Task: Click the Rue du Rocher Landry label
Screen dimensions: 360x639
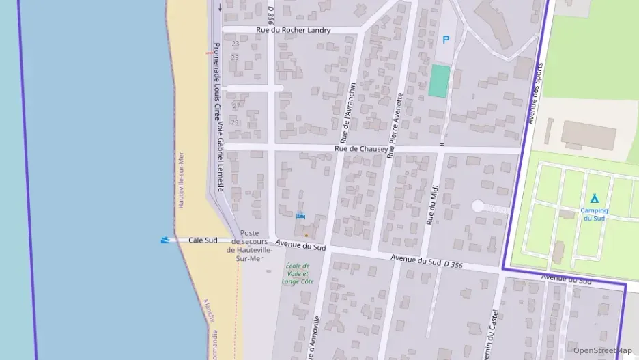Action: click(293, 30)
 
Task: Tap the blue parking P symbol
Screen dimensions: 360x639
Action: click(446, 40)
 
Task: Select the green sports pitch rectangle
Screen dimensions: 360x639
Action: click(440, 81)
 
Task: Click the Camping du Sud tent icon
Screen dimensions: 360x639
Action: click(594, 198)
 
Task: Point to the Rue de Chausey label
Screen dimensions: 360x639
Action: click(361, 148)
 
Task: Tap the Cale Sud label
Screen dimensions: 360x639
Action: click(203, 240)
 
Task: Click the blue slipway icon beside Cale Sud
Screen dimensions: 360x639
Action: click(165, 240)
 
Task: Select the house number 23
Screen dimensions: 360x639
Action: click(236, 44)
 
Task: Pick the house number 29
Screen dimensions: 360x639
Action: click(236, 122)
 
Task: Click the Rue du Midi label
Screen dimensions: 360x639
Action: click(432, 203)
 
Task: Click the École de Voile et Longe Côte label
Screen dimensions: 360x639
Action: click(297, 273)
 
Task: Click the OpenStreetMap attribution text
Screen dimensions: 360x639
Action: click(602, 350)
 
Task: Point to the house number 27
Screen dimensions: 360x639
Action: click(236, 106)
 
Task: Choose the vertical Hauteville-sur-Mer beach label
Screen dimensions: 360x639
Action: click(182, 180)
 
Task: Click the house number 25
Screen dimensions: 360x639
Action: click(236, 57)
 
